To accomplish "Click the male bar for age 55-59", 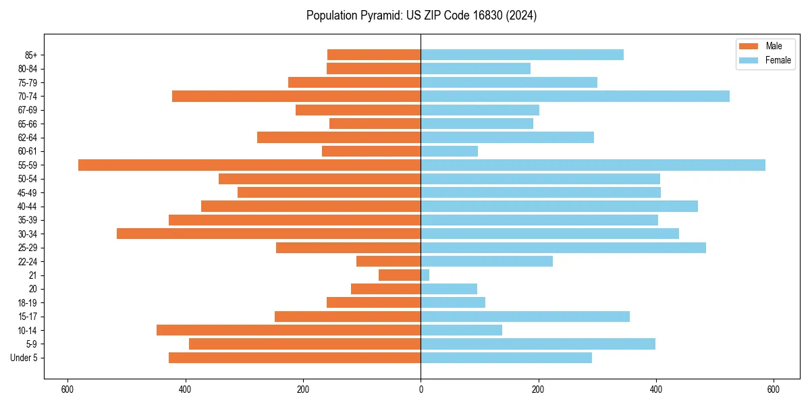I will (250, 165).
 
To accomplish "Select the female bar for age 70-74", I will (575, 96).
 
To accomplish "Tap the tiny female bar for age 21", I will (425, 275).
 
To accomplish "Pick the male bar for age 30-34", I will (269, 234).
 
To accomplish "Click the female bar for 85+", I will (522, 55).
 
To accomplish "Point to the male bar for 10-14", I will (288, 330).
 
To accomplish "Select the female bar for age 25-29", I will (563, 248).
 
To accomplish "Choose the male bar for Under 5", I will (294, 358).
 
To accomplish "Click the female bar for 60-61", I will (449, 151).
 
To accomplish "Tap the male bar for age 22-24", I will (388, 261).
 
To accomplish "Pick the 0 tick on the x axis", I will (421, 389).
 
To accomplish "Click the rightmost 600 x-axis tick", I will (774, 389).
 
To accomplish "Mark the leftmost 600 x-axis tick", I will (67, 389).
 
